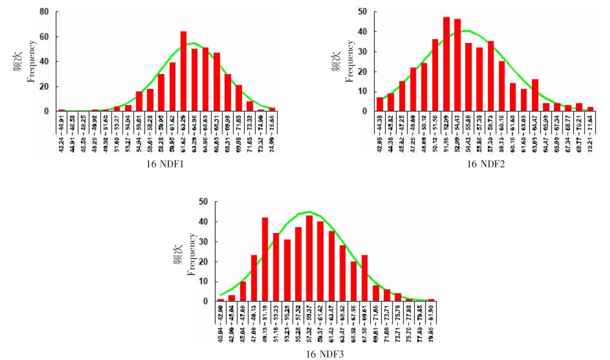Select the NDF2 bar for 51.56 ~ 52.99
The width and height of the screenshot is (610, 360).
pos(446,64)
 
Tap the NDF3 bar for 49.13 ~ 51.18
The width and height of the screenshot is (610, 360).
pos(265,259)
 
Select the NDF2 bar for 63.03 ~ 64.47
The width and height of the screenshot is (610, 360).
pos(535,95)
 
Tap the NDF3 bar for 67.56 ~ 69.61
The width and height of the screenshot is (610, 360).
pos(364,278)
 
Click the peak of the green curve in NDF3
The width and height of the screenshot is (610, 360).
pos(308,211)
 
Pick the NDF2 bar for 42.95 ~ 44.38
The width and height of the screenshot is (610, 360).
pos(379,104)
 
